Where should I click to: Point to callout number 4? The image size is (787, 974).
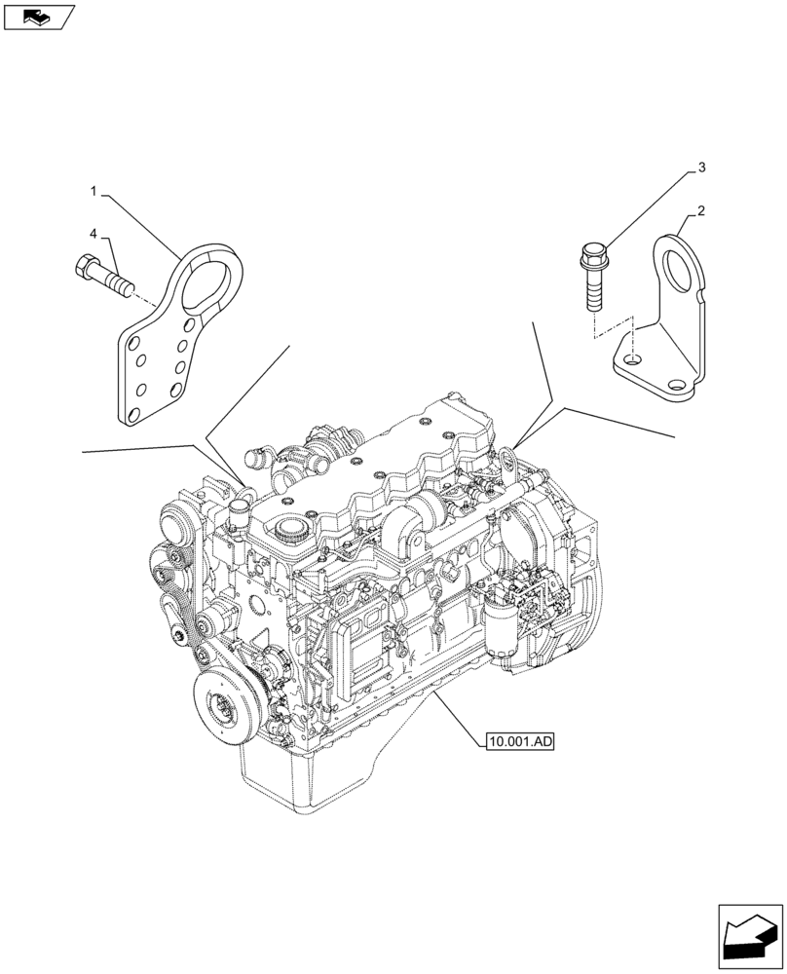pyautogui.click(x=94, y=234)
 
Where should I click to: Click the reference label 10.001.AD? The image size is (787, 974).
pyautogui.click(x=517, y=742)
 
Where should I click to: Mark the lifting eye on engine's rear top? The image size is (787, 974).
pyautogui.click(x=506, y=458)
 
